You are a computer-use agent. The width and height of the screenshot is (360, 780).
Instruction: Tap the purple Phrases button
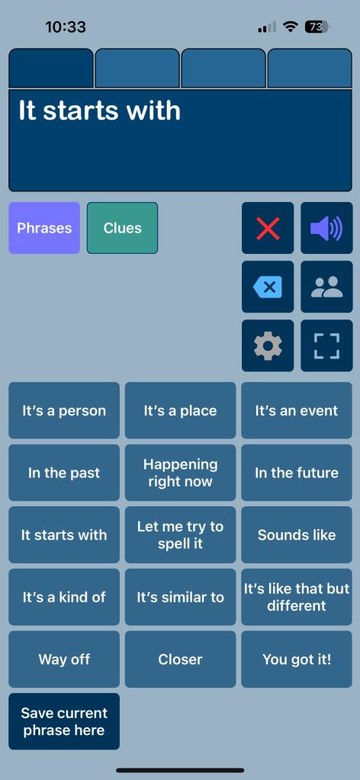(44, 228)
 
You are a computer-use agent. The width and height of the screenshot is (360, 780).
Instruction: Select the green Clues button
(123, 228)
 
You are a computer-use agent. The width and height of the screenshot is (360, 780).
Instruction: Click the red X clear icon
(268, 228)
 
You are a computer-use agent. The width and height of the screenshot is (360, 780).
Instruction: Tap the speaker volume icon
(326, 228)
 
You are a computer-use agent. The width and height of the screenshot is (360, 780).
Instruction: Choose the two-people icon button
(326, 287)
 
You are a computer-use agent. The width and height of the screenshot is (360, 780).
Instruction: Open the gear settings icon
(268, 345)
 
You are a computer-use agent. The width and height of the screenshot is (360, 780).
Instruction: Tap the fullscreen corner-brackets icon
(326, 345)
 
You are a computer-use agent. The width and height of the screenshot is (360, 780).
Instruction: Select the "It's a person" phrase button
(64, 410)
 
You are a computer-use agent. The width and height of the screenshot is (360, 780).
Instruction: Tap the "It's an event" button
(297, 410)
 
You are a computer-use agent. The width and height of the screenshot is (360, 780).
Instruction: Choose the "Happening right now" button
(180, 473)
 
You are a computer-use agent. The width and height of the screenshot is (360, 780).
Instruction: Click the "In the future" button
(297, 473)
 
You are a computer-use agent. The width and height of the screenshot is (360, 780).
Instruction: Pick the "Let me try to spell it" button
(180, 534)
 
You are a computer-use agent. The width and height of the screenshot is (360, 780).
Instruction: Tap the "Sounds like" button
(297, 534)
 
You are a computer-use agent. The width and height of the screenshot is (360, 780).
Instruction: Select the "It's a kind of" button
(64, 597)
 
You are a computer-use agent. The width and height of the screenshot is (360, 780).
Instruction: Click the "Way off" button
(64, 659)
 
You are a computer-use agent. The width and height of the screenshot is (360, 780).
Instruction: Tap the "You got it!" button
(297, 659)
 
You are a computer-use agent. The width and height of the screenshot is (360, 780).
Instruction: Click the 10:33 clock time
(66, 27)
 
